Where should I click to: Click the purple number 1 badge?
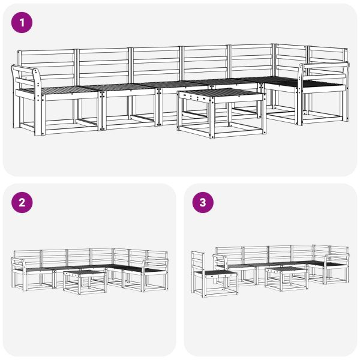point(22,23)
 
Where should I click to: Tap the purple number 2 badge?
point(22,203)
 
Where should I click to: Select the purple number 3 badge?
point(202,203)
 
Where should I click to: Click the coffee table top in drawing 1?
point(221,94)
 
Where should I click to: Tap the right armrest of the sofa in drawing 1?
point(328,67)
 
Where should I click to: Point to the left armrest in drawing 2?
point(18,262)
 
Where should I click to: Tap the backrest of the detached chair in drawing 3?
point(199,262)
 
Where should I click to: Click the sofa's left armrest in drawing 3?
point(220,260)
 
